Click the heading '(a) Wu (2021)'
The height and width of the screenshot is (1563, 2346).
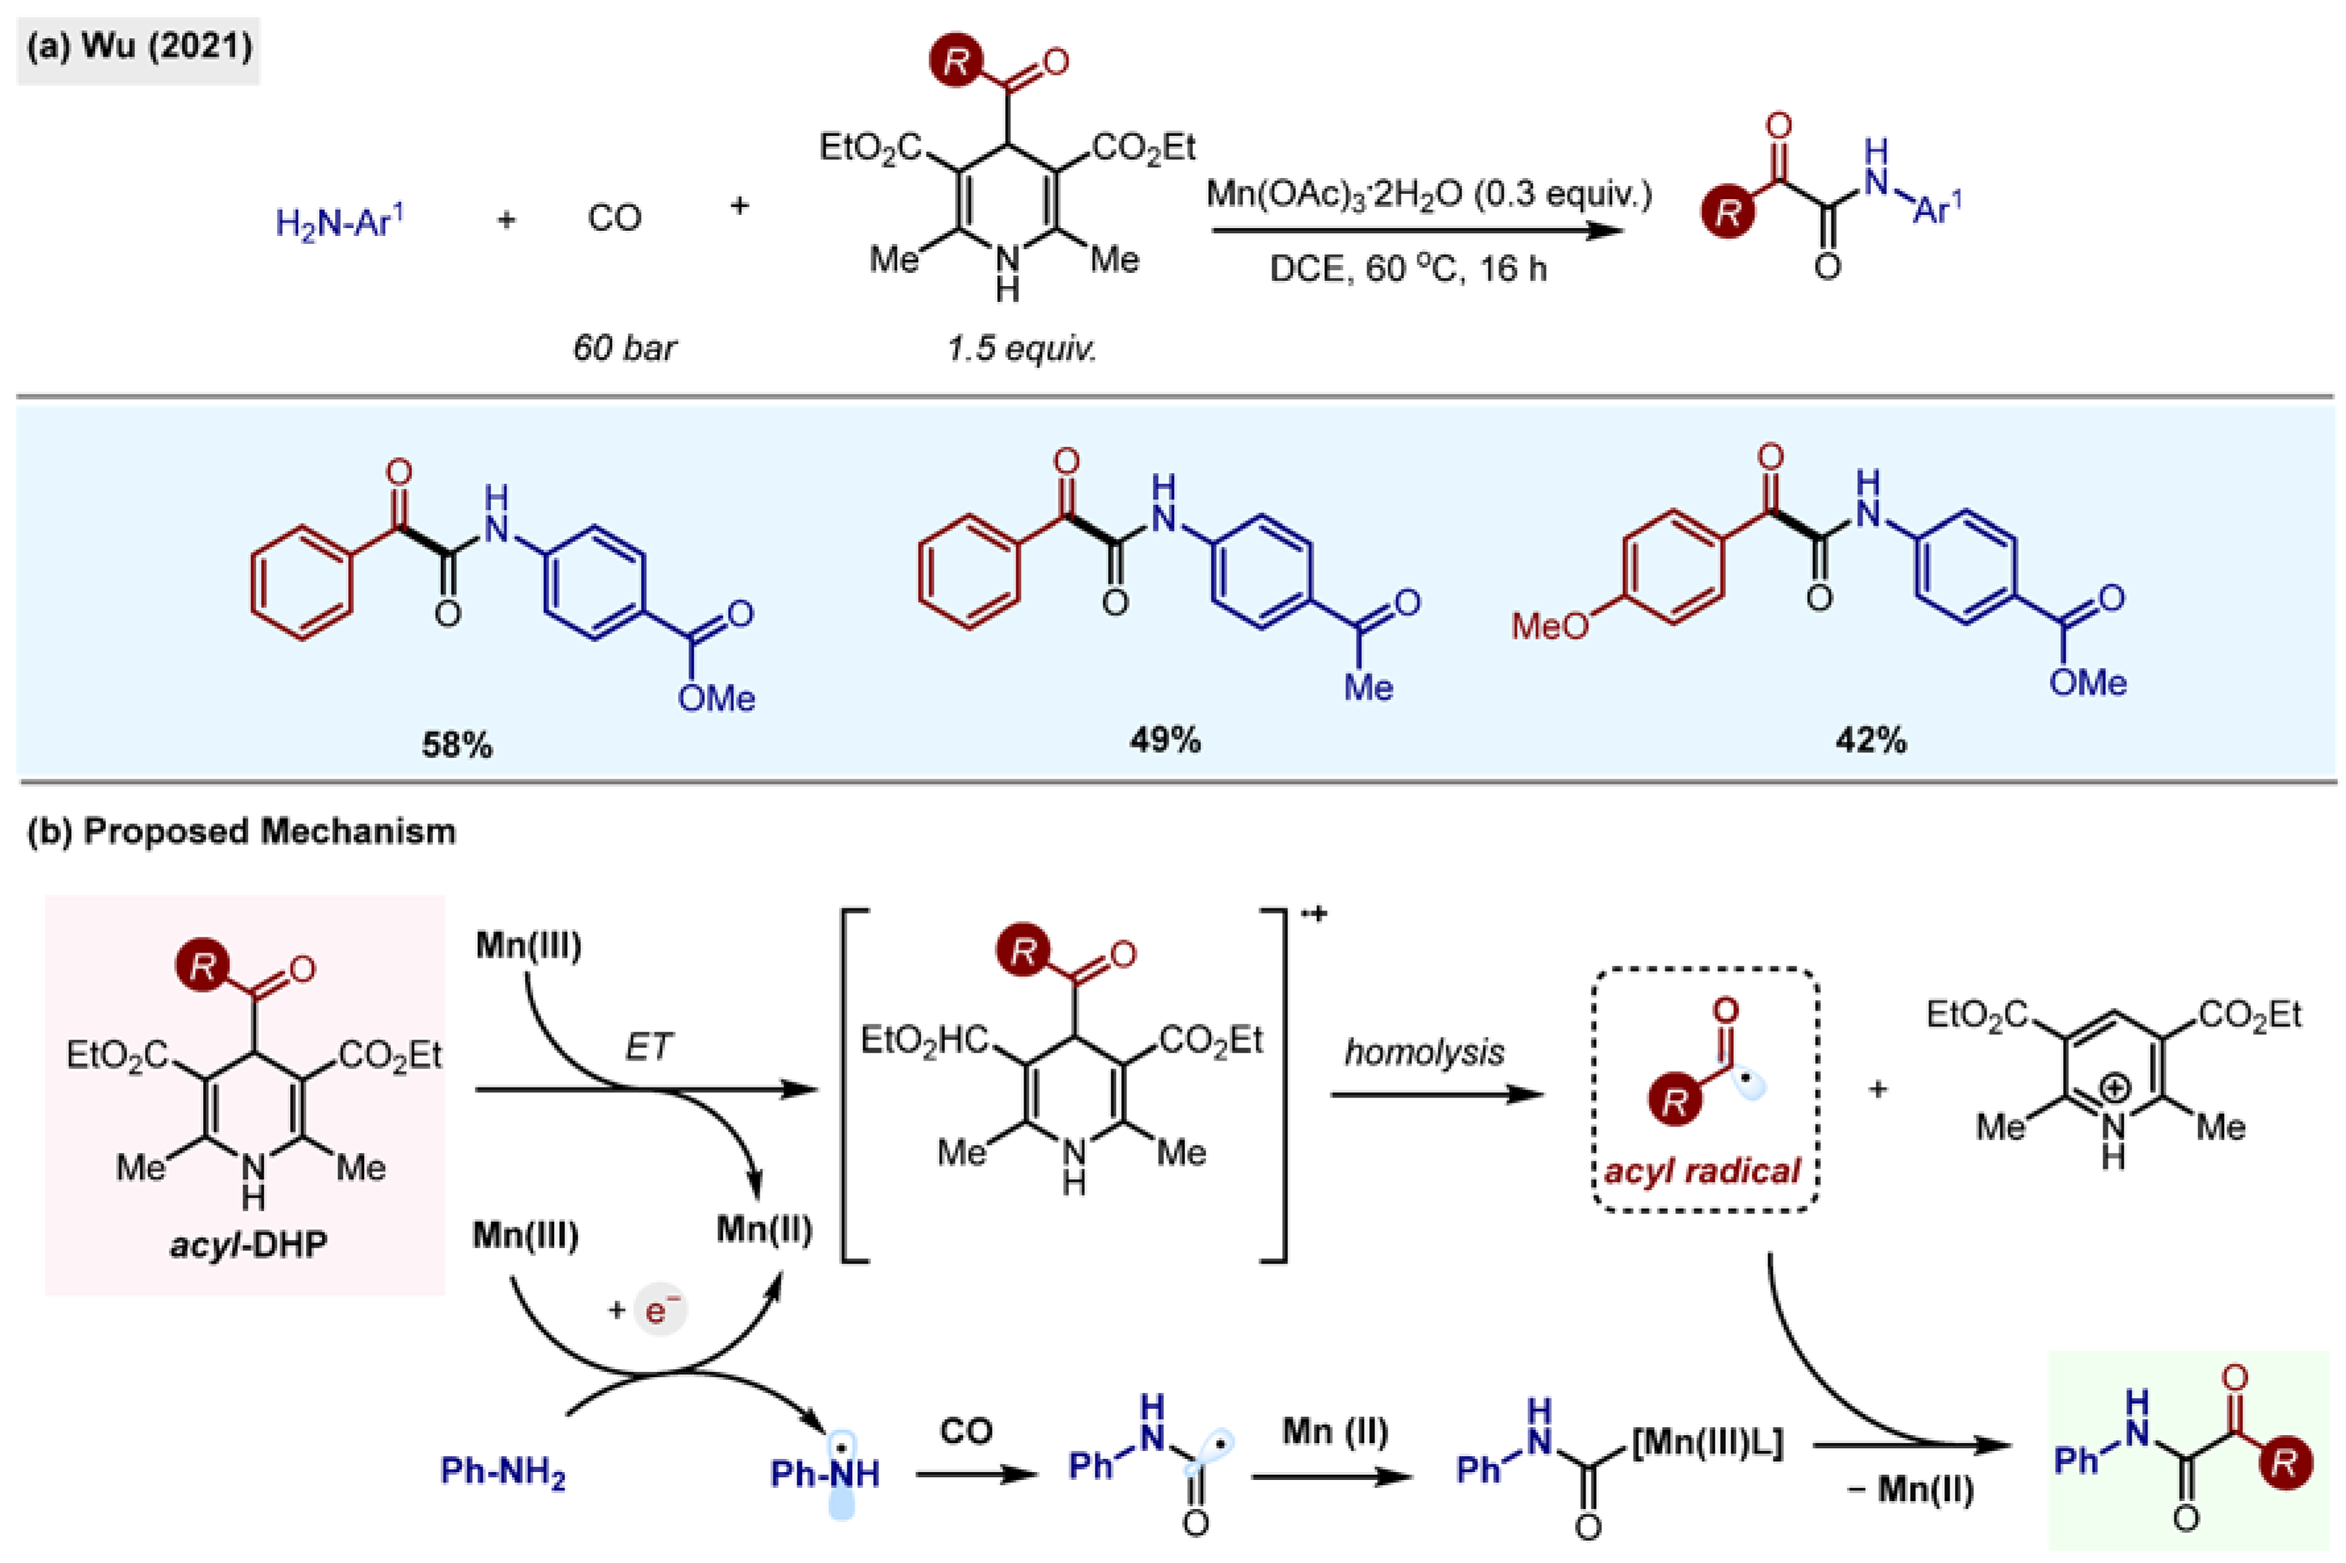click(x=139, y=47)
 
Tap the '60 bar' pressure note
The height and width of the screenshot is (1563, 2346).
click(x=624, y=348)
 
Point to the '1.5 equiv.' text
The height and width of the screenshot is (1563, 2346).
click(x=1021, y=348)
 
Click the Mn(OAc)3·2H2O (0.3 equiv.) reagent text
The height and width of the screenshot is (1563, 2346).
click(x=1428, y=193)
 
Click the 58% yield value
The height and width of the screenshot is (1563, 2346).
click(x=456, y=745)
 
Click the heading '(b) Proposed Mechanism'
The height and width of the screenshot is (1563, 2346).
click(x=241, y=831)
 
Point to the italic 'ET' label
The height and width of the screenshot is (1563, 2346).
click(x=649, y=1047)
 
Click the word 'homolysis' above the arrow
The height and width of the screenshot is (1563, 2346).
click(x=1424, y=1053)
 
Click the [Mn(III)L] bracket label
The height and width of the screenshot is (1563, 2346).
click(x=1707, y=1442)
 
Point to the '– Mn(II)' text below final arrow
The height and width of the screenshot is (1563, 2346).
click(x=1910, y=1489)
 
